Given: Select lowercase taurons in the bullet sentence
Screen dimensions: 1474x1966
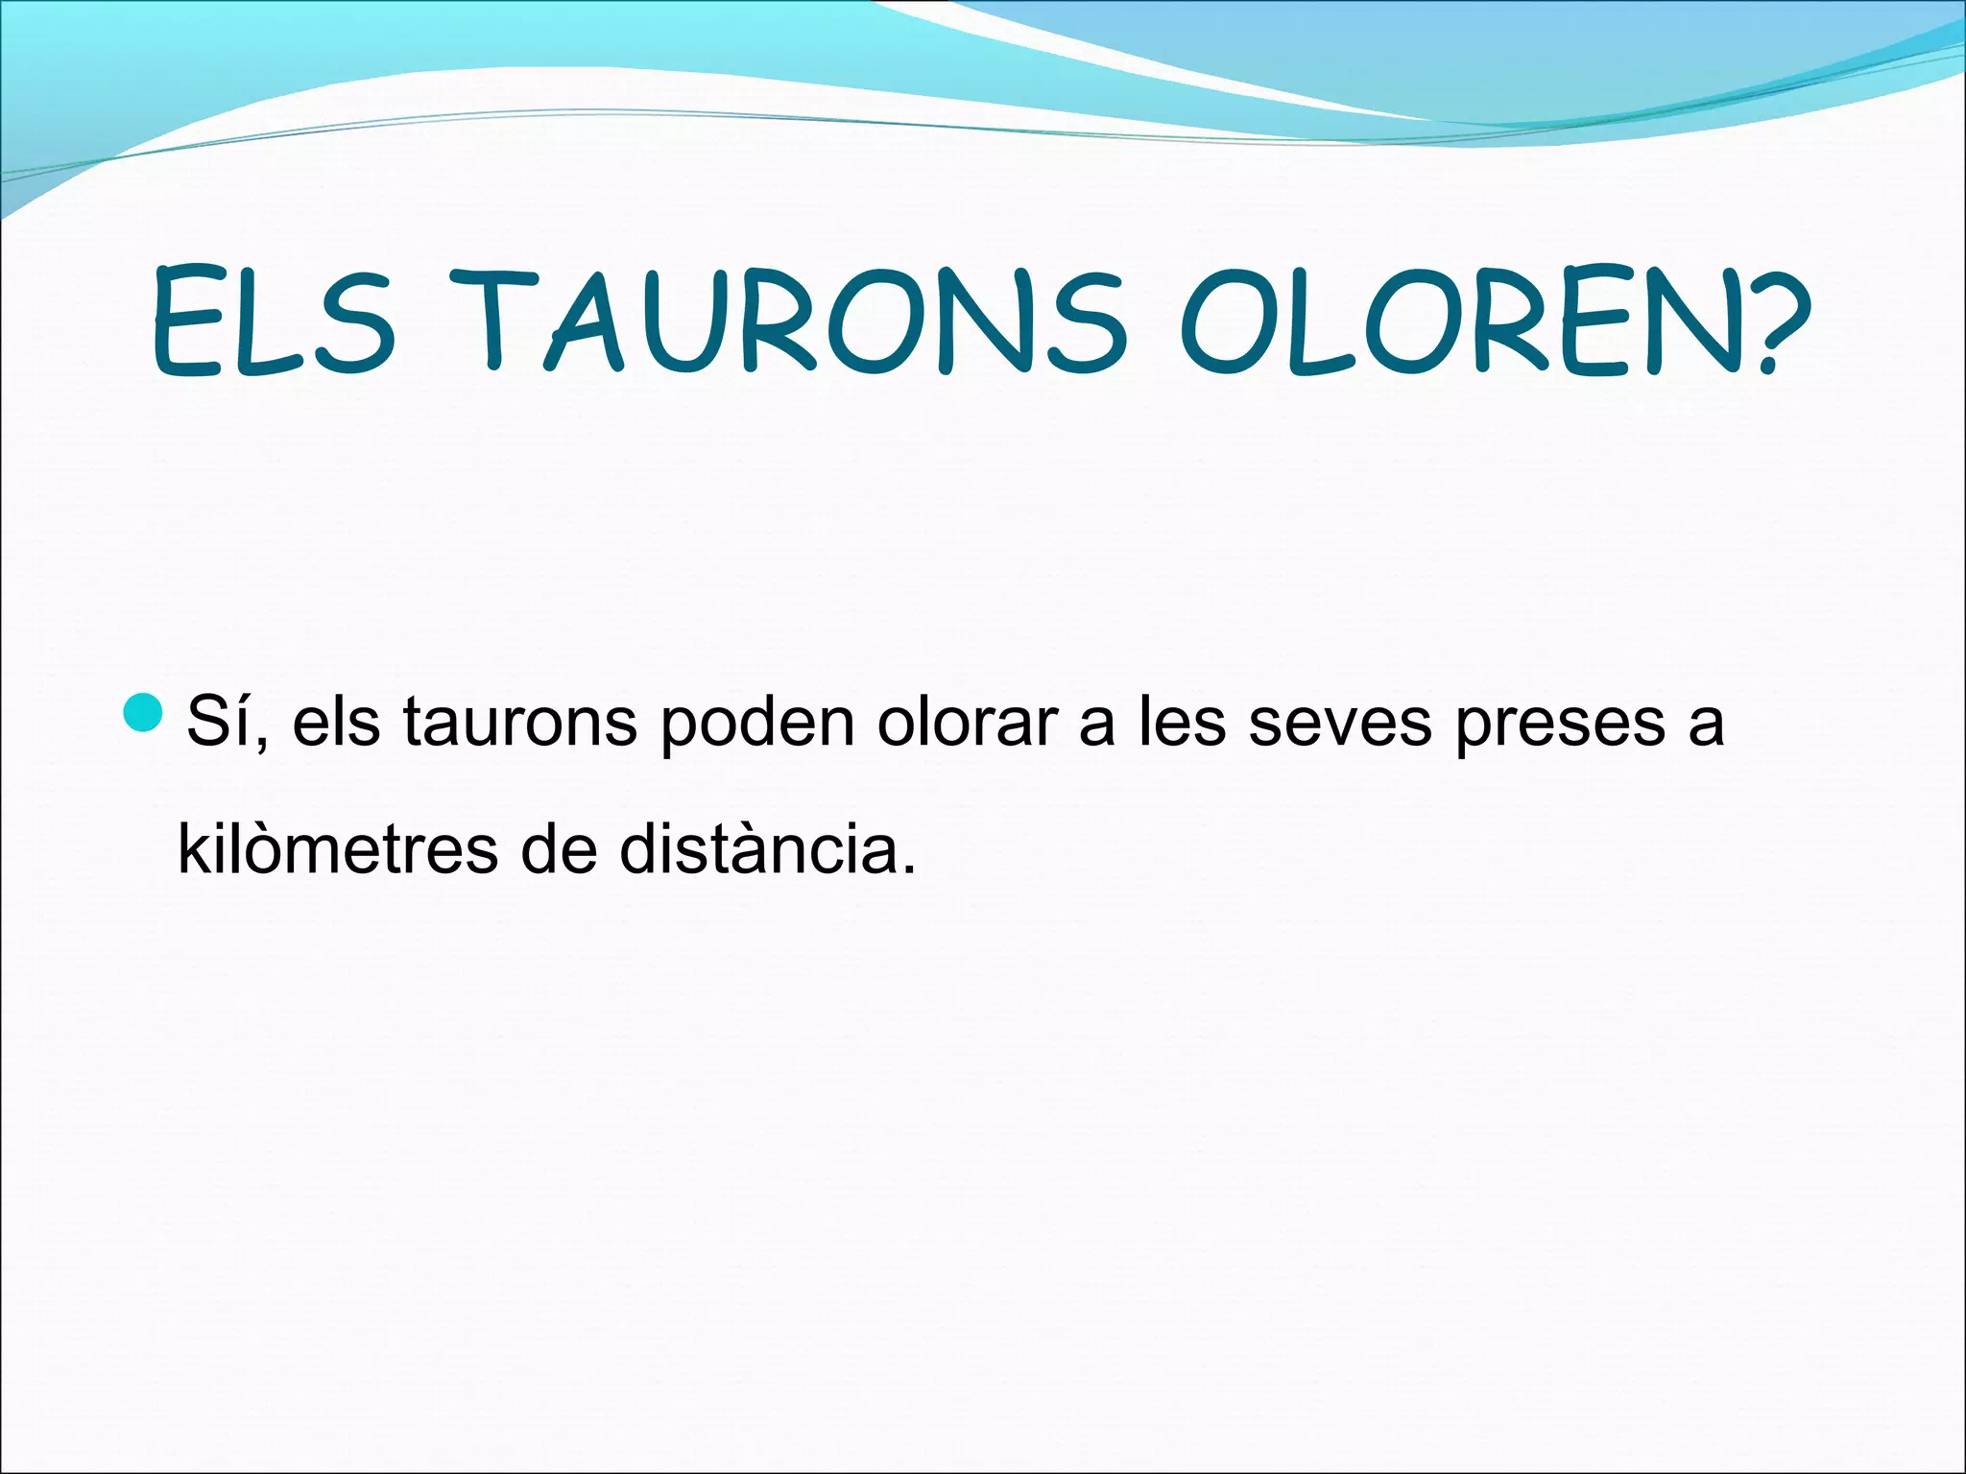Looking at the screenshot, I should pyautogui.click(x=519, y=722).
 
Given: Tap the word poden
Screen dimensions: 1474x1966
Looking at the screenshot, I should pyautogui.click(x=757, y=722).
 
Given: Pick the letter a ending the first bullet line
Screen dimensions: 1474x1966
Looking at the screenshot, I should pyautogui.click(x=1706, y=726).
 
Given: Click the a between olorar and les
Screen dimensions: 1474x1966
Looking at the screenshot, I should pyautogui.click(x=1096, y=726).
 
